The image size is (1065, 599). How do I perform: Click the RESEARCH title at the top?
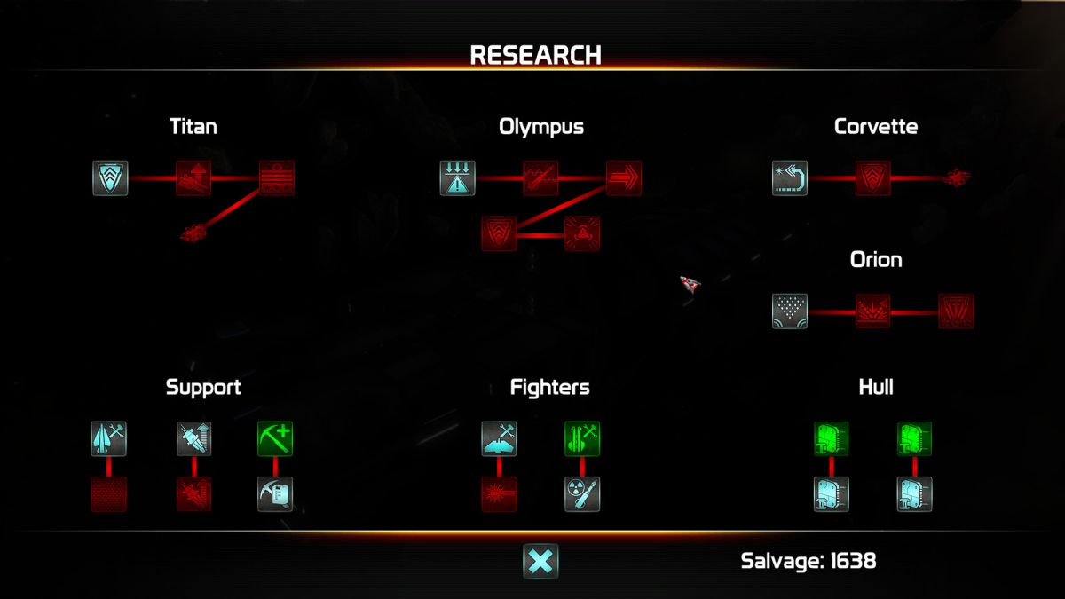pos(535,55)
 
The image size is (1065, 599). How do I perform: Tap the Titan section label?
pos(193,126)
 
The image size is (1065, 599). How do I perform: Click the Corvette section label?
pos(876,126)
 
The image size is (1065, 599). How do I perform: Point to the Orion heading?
pos(876,259)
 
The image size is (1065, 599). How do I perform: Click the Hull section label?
pos(876,387)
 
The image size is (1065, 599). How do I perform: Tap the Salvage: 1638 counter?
pos(809,561)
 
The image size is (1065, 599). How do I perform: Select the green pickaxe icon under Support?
pos(275,438)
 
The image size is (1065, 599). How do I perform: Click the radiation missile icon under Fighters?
pos(582,494)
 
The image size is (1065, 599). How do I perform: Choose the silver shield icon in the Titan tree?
pos(110,178)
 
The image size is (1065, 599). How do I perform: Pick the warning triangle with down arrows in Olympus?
pos(457,178)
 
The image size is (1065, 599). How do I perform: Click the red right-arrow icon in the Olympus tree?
pos(624,178)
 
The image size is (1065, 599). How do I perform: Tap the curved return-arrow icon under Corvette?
pos(790,178)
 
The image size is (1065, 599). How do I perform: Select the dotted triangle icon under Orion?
pos(790,311)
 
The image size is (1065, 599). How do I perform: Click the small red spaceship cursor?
pos(690,284)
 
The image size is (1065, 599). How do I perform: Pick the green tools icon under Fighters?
pos(582,438)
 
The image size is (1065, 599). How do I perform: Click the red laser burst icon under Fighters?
pos(499,494)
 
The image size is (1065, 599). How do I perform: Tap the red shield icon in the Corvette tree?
pos(873,178)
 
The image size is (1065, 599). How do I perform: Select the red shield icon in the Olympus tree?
pos(499,233)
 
